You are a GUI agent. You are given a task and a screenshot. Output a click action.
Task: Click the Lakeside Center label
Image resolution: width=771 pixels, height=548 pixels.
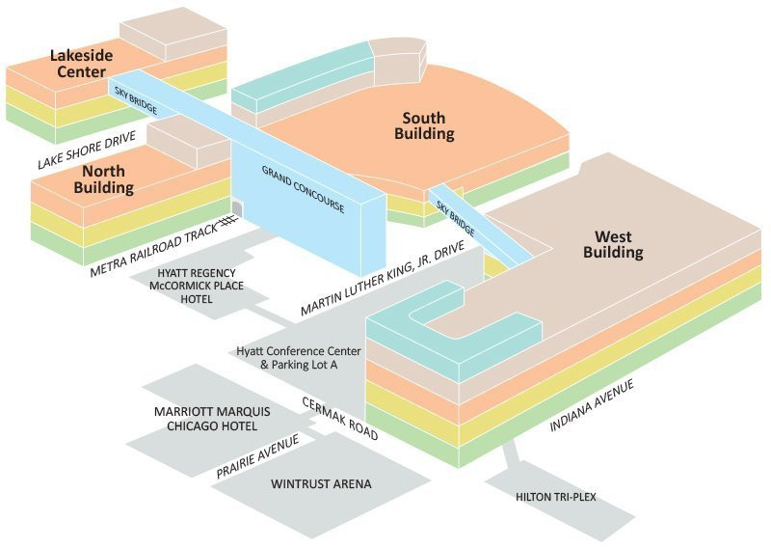81,64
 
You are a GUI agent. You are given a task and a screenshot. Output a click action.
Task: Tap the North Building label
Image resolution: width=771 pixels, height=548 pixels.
102,179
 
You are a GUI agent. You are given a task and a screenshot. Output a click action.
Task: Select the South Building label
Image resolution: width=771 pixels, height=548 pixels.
424,126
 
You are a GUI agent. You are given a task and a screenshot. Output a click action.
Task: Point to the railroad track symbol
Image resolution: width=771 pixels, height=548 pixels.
228,221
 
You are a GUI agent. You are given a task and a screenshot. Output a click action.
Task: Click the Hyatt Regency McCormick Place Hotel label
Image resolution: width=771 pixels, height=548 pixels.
187,287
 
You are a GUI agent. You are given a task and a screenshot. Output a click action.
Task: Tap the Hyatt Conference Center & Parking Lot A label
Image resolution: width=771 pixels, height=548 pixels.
299,358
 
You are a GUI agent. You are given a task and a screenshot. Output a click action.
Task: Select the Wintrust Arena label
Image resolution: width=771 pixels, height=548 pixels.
321,483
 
